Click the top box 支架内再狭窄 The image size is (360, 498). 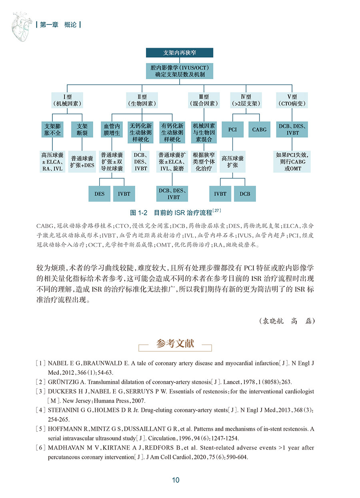[180, 53]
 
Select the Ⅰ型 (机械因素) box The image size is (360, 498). [67, 100]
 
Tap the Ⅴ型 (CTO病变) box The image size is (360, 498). [292, 100]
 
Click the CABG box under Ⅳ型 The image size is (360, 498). [259, 130]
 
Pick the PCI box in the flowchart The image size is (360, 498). [232, 130]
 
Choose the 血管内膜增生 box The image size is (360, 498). [112, 130]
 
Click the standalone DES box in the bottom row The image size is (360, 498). [99, 194]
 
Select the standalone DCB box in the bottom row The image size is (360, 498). [245, 194]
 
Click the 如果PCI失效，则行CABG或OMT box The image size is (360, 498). [292, 161]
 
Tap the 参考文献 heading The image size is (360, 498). [175, 344]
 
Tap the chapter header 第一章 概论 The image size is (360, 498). [58, 25]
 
